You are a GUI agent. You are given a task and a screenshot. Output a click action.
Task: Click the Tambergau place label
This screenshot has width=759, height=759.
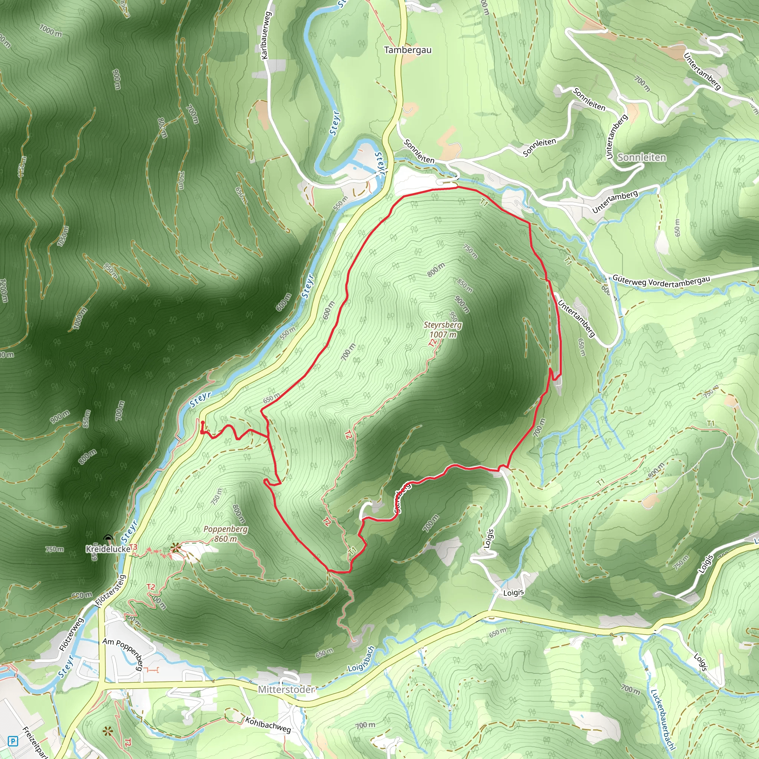tap(407, 50)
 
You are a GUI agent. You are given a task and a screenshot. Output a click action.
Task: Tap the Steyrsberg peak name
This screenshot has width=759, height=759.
tap(443, 325)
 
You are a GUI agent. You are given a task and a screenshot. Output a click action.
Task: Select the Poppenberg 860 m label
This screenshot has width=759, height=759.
tap(225, 534)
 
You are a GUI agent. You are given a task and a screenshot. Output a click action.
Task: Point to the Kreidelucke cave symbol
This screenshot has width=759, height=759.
tap(108, 538)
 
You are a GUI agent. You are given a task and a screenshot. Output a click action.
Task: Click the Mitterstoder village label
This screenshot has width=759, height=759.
tap(286, 689)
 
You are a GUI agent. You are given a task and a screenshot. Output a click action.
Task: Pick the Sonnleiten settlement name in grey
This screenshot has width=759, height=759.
tap(642, 158)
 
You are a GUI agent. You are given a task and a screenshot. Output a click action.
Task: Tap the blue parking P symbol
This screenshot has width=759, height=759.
tap(13, 741)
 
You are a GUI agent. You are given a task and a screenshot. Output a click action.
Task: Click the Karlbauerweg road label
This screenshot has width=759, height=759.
tap(266, 35)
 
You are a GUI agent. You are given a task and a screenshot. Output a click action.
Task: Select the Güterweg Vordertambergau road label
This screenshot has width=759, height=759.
tap(662, 281)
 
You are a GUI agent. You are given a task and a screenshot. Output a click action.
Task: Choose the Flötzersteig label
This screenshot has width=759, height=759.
tap(111, 591)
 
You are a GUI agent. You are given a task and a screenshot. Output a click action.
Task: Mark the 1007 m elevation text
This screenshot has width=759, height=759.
tap(443, 335)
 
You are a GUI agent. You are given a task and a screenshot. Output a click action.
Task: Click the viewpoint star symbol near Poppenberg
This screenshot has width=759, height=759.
tap(176, 547)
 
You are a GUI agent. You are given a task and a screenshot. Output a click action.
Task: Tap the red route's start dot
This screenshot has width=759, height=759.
tap(202, 423)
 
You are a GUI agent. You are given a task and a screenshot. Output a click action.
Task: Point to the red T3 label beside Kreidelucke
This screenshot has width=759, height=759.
tap(133, 547)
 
